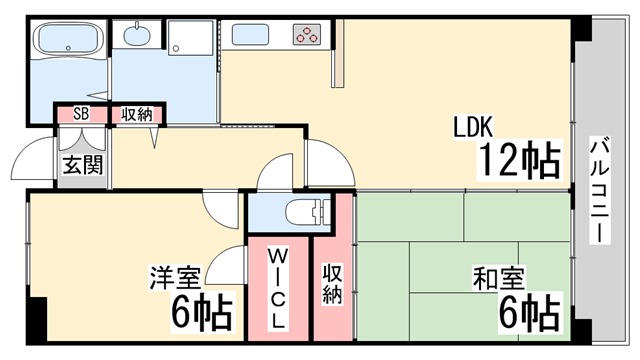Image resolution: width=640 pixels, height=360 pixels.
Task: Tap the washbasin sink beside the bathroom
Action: (136, 35)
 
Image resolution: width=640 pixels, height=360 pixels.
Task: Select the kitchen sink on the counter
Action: (251, 34)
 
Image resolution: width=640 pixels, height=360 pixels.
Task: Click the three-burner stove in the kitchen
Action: (307, 34)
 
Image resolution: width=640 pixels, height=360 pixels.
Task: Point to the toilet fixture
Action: (307, 212)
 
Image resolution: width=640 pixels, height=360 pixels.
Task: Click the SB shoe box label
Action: (81, 114)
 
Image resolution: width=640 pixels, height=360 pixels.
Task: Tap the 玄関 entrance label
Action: (82, 165)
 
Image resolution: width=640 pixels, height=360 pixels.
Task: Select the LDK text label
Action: (473, 127)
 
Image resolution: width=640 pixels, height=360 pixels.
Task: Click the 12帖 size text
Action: (520, 160)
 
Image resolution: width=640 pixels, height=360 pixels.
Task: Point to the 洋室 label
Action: (175, 278)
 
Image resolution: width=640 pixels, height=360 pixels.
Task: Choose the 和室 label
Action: (498, 278)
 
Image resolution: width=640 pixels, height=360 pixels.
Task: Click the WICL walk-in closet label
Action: (278, 288)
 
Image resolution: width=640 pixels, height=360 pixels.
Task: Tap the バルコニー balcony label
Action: (600, 191)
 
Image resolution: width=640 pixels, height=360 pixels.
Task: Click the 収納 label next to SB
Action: (137, 114)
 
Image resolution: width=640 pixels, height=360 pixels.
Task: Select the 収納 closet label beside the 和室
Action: (332, 283)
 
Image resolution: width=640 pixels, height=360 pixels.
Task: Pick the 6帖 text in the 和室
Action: (529, 313)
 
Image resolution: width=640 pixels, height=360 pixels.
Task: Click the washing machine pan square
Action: (191, 38)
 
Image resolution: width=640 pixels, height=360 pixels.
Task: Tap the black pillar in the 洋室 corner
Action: (37, 320)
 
